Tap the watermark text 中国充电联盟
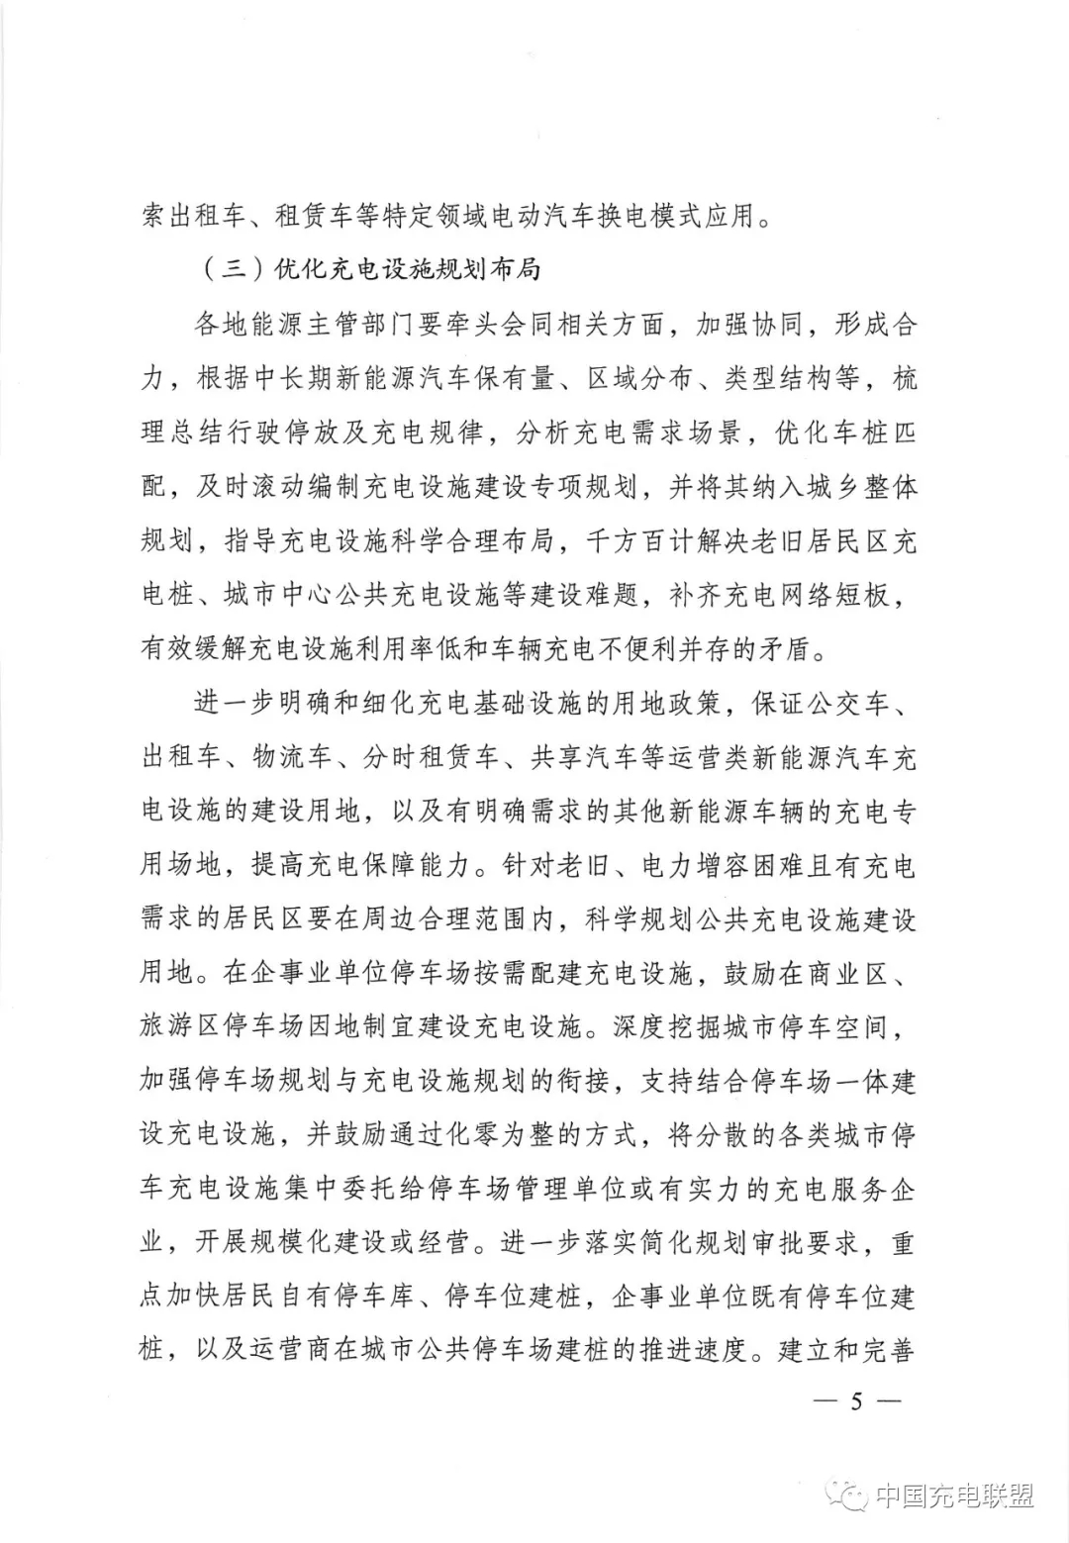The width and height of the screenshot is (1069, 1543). (x=954, y=1495)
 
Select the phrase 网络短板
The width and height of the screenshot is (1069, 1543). (x=830, y=597)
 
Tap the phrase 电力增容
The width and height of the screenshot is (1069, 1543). (x=693, y=868)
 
